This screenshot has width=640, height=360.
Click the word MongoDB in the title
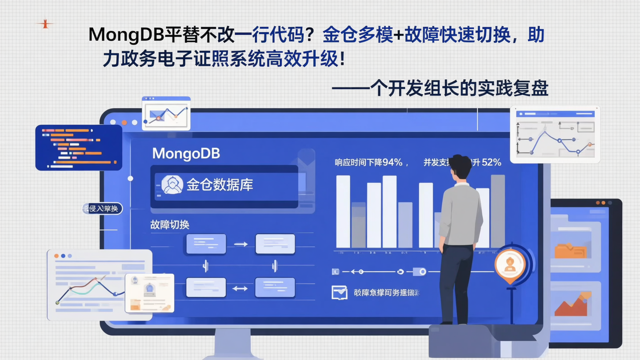click(x=126, y=35)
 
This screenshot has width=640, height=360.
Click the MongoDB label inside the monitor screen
click(x=186, y=154)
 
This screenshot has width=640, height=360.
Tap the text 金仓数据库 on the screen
click(x=220, y=184)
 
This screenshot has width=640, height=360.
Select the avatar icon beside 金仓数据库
click(x=172, y=184)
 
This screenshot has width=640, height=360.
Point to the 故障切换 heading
click(x=170, y=224)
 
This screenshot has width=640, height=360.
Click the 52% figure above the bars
click(x=491, y=163)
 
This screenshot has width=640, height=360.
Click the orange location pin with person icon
click(x=510, y=265)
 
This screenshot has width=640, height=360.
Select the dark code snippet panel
click(x=79, y=148)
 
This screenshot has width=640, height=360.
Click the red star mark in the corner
click(x=45, y=24)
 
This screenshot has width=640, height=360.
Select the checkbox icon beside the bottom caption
click(x=339, y=292)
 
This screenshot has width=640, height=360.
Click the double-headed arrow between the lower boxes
click(x=240, y=288)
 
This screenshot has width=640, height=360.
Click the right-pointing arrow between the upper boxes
click(x=240, y=244)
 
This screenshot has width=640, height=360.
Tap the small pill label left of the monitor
click(x=102, y=208)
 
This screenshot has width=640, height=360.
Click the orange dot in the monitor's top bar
click(x=124, y=122)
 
